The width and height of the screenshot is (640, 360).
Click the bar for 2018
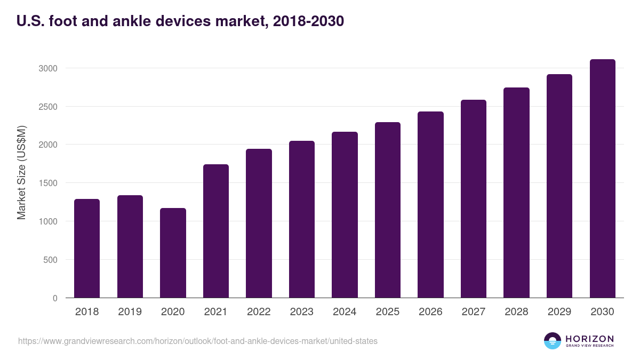(87, 249)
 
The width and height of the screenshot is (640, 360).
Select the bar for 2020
(173, 253)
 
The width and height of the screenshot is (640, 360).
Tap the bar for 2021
(216, 231)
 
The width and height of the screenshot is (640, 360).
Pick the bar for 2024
(345, 215)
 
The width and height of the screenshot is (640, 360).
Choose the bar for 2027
(473, 199)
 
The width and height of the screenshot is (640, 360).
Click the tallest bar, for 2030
(602, 179)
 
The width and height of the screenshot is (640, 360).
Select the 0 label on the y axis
(54, 298)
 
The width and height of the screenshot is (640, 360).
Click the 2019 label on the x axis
(130, 312)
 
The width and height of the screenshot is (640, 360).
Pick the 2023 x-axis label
(301, 312)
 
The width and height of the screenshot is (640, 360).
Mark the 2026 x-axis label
(430, 312)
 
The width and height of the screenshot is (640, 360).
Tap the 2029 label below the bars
(559, 312)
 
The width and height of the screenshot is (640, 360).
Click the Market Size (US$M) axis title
(21, 172)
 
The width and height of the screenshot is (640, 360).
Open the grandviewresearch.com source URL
(198, 341)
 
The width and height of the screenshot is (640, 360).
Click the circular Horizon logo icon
(553, 341)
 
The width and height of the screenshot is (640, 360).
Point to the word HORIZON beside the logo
(589, 338)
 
